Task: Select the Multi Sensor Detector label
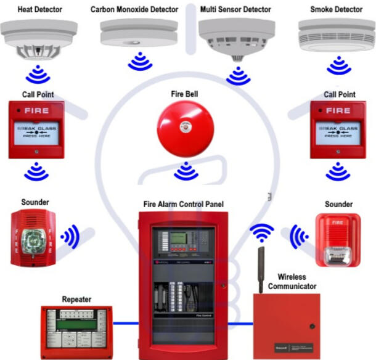coord(237,9)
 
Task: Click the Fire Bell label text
coord(185,95)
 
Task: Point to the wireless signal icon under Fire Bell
coord(186,171)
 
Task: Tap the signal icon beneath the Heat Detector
coord(41,76)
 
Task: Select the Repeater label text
coord(76,300)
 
